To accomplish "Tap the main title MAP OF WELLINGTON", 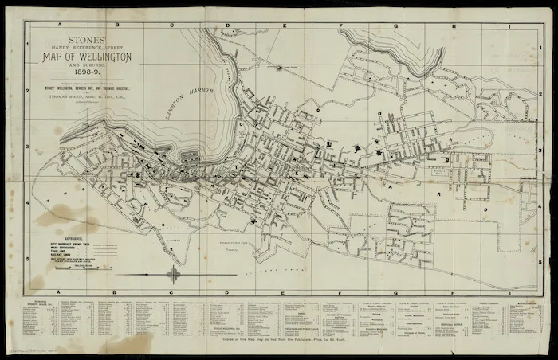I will pos(88,57).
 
